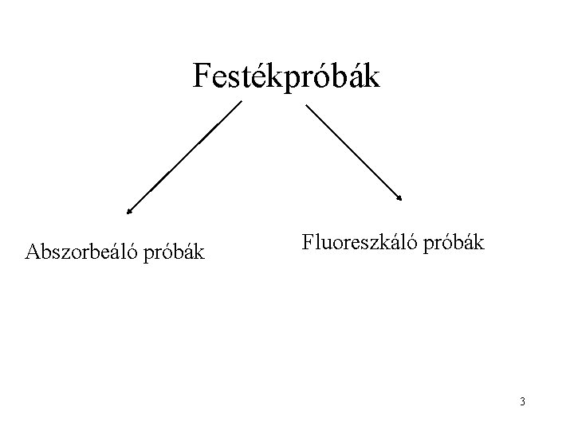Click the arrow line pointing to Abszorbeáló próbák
183,158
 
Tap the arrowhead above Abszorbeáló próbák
128,213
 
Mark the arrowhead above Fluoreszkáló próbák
401,198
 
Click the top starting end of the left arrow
240,102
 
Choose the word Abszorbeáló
83,252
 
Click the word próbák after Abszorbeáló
175,254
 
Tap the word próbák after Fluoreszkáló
454,243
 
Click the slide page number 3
521,401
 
